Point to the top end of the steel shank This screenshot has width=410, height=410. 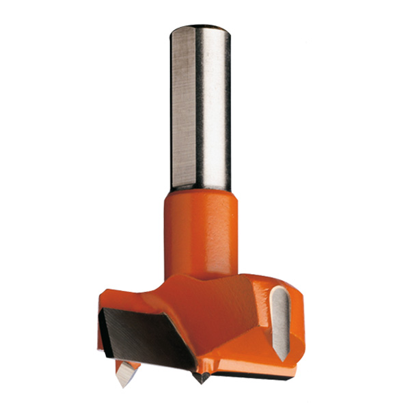(200, 29)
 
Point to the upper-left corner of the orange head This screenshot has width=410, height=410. (102, 301)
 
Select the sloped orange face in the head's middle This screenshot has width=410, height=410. (225, 321)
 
